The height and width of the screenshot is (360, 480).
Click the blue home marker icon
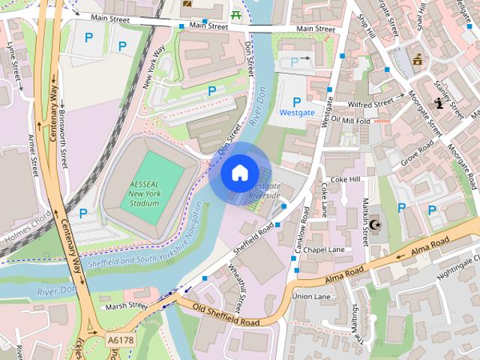(238, 173)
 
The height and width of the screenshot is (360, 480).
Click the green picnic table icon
(237, 13)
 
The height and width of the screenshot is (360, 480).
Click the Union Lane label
(311, 296)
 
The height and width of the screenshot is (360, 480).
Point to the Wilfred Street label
(370, 103)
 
